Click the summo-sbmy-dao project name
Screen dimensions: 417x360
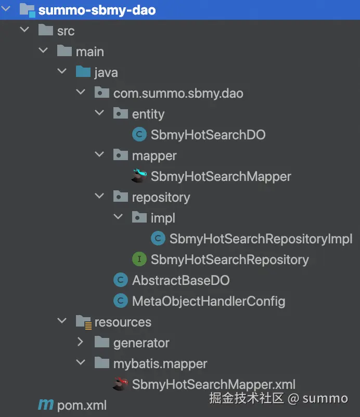[97, 10]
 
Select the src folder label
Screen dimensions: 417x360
[66, 31]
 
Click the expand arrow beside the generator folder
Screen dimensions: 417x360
[80, 342]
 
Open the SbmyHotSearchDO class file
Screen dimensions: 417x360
[208, 135]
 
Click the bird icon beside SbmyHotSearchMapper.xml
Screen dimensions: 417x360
[120, 384]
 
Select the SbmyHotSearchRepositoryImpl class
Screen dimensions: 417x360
[261, 239]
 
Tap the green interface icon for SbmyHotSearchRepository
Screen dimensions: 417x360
[139, 259]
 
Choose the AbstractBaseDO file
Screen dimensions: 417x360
[181, 280]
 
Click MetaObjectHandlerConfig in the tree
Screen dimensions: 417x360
[208, 301]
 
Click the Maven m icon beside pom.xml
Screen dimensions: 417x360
[46, 405]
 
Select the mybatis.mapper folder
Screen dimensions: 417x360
[160, 363]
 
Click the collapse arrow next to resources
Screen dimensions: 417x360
[62, 321]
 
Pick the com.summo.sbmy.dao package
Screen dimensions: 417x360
[178, 93]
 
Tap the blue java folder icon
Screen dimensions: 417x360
[83, 72]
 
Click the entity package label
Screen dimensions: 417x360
[148, 114]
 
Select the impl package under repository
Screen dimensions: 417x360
[163, 218]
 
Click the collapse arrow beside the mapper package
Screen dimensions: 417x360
[99, 155]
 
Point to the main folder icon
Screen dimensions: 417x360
[64, 51]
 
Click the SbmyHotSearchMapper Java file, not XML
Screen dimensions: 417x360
[221, 176]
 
